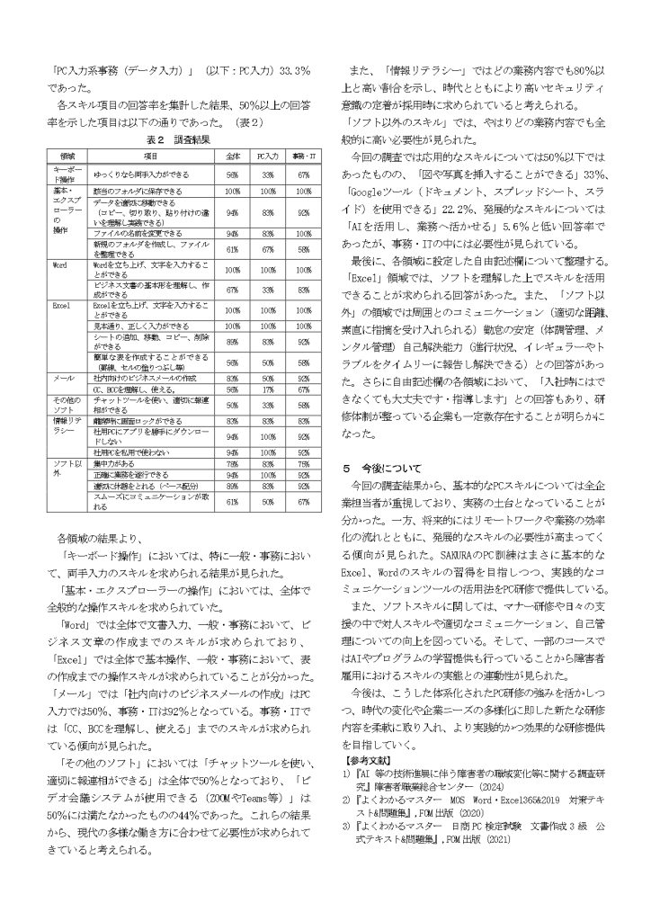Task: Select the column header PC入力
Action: click(267, 156)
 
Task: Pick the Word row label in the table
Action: click(61, 265)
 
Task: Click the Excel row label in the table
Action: click(62, 307)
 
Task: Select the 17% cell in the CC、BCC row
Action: click(267, 390)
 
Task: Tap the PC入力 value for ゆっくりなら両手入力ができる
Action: click(267, 175)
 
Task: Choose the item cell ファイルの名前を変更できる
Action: click(132, 232)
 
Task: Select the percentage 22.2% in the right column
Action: click(444, 207)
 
